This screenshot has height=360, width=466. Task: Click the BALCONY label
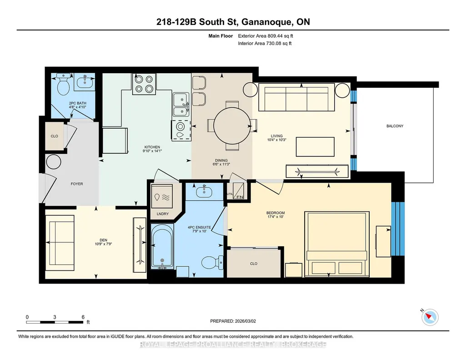pos(395,126)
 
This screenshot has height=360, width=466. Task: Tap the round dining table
pos(232,125)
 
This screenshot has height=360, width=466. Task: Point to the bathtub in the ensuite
pos(162,246)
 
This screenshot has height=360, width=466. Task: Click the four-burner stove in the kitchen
pos(144,84)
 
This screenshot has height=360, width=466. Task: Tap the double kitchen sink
pos(181,105)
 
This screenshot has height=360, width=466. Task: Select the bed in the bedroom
pos(337,244)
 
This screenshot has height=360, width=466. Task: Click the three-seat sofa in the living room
pos(296,97)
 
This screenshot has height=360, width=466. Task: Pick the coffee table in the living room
pos(315,147)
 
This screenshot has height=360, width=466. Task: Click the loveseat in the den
pos(60,243)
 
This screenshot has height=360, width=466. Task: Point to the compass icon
pos(430,317)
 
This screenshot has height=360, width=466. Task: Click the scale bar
pos(55,322)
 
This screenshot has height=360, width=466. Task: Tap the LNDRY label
pos(163,214)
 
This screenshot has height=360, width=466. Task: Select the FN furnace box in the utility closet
pos(238,191)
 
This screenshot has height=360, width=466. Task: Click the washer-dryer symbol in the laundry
pos(162,196)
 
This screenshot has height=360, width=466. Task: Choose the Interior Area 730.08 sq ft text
pos(265,43)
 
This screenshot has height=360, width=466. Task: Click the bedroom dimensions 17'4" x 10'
pos(276,217)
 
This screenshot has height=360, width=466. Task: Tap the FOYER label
pos(77,184)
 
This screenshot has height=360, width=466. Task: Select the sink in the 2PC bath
pos(85,81)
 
